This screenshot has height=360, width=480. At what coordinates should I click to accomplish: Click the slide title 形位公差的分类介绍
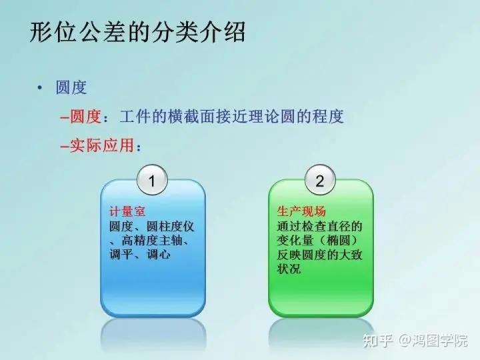point(137,32)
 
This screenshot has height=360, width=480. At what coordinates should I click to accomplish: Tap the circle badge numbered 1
point(152,180)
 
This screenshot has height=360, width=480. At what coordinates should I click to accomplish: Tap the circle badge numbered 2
point(320,180)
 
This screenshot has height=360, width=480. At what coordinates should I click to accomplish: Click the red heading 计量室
point(127,211)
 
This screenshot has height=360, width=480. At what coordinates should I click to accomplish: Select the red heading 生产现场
point(301,211)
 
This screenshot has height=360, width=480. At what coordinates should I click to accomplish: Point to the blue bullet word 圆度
point(71,87)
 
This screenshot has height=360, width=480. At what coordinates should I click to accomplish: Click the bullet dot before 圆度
point(39,88)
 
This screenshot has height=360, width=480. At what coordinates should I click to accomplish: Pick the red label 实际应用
point(102,145)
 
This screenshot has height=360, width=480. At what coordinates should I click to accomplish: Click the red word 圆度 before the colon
point(86,117)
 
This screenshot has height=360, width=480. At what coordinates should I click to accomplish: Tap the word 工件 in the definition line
point(135,117)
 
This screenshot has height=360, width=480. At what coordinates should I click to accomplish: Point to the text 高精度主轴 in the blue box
point(152,240)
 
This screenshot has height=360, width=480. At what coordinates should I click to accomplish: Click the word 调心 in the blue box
point(158,255)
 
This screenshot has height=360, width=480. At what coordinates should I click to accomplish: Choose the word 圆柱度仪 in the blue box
point(170,227)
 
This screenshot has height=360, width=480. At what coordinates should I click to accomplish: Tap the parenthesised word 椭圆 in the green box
point(338,240)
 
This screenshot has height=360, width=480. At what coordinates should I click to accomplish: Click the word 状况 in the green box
point(289,269)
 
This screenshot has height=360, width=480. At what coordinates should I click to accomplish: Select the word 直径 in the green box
point(338,226)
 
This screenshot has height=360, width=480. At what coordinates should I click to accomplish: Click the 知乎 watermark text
point(378,341)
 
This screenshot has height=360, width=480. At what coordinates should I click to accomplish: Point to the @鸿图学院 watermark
point(433,341)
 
